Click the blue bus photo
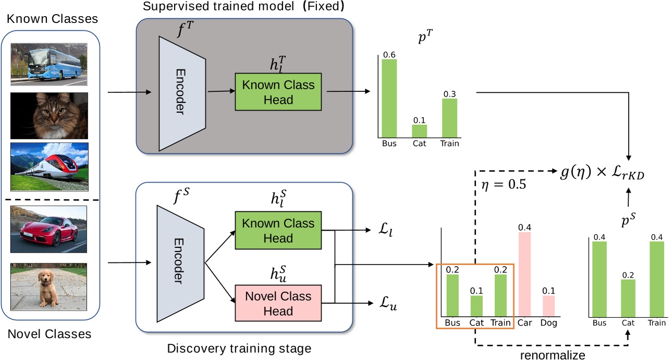pos(49,64)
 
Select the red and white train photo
pos(49,167)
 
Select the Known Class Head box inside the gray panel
pos(279,91)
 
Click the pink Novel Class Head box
pos(279,303)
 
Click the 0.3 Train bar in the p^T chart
pos(450,118)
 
